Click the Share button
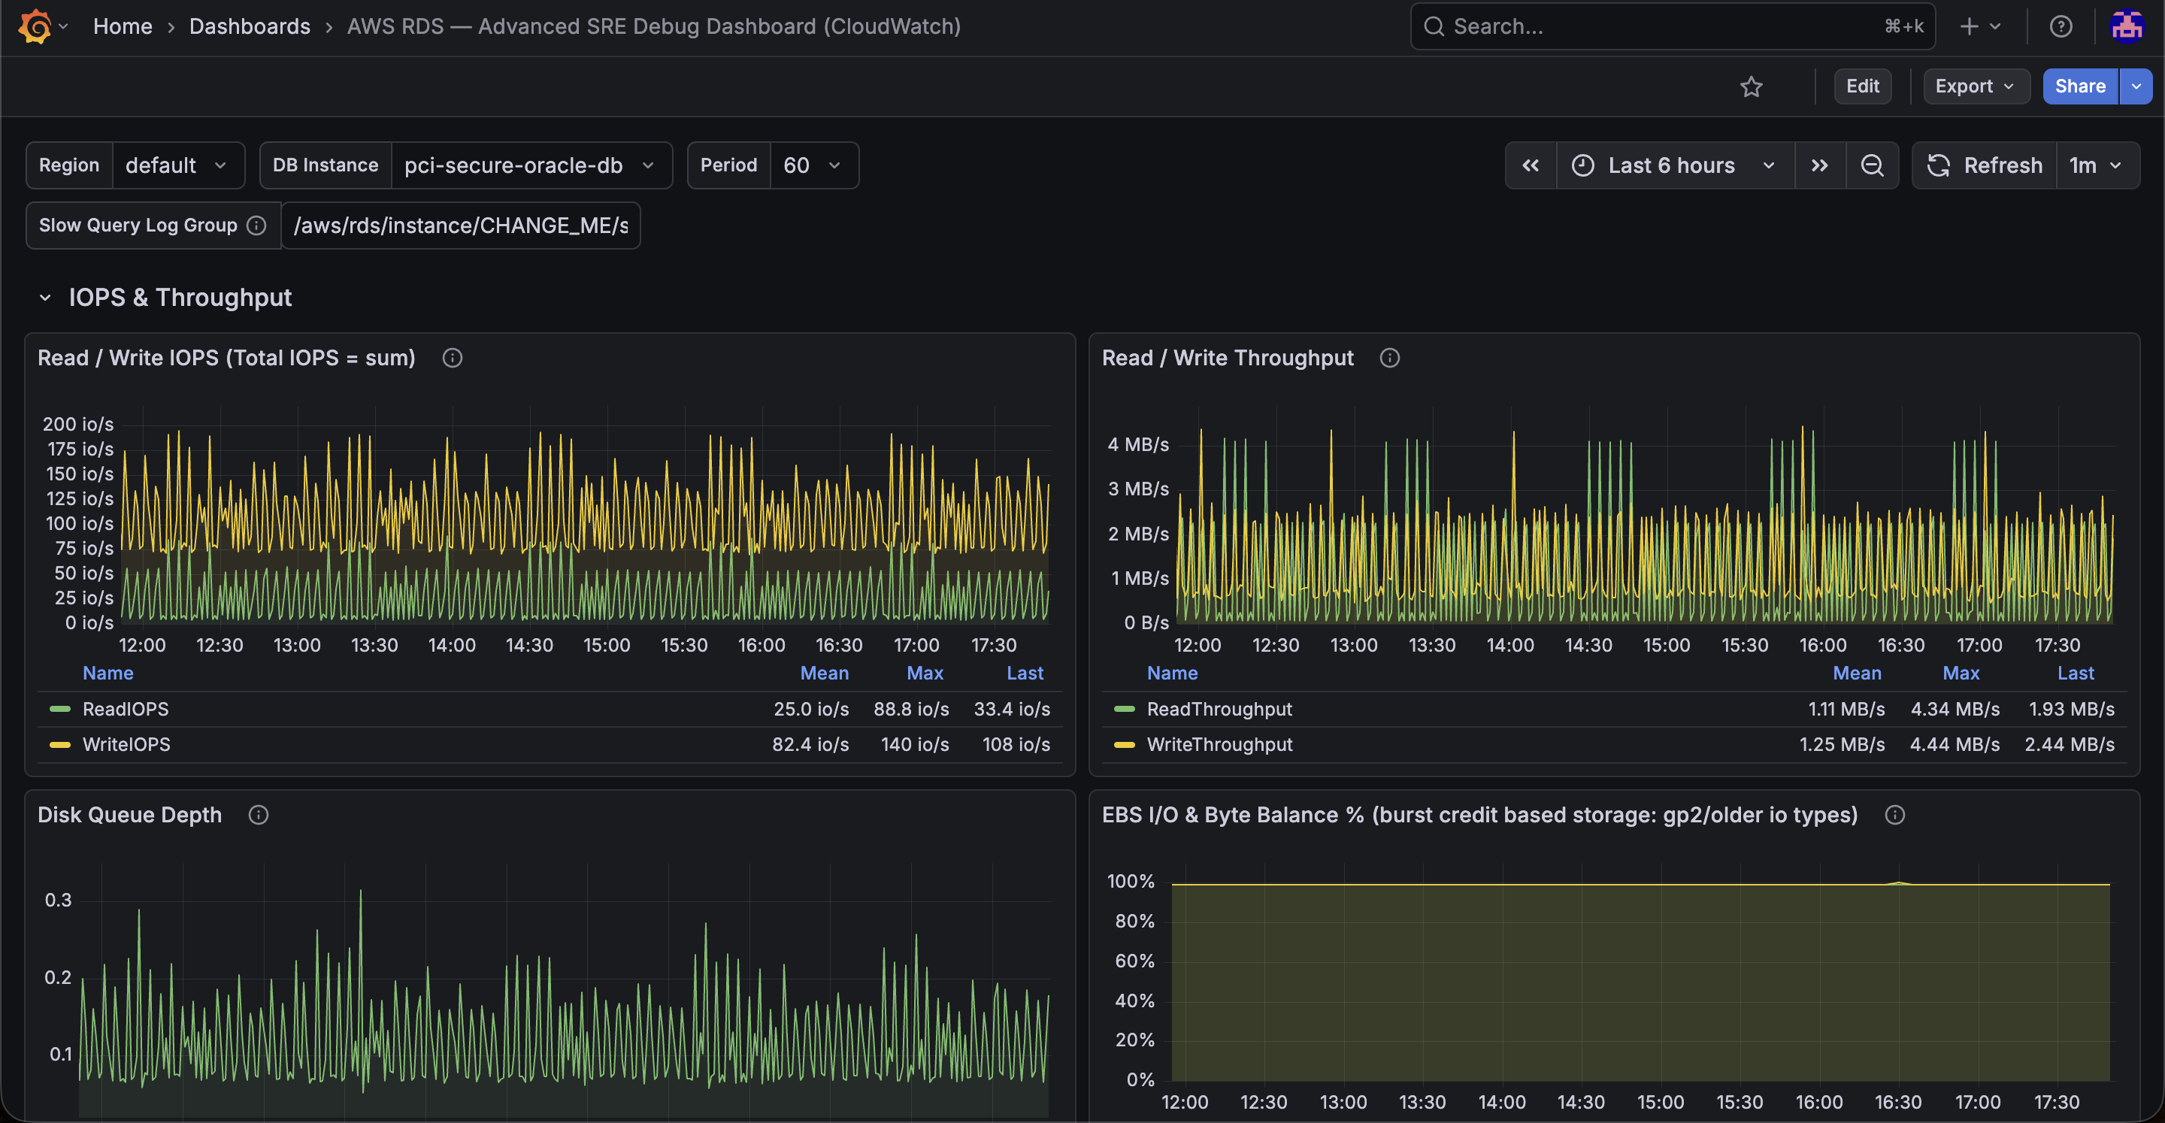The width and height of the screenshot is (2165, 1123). click(x=2080, y=86)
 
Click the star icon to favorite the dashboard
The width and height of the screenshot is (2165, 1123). click(x=1752, y=86)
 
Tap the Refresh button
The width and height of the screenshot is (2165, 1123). click(x=1985, y=165)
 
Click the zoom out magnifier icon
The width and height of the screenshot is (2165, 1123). click(x=1872, y=165)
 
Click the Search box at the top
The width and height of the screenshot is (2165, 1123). click(x=1673, y=27)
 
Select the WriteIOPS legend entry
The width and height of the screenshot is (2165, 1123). click(x=126, y=745)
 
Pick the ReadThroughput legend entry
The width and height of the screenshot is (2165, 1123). click(x=1219, y=710)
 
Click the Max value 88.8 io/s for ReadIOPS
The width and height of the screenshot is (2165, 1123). click(x=911, y=710)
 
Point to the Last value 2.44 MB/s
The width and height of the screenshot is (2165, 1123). click(x=2070, y=745)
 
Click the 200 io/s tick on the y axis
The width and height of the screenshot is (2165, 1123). click(x=78, y=425)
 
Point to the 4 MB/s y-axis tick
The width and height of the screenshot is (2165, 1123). click(x=1138, y=445)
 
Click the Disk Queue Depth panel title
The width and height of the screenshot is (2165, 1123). click(x=129, y=816)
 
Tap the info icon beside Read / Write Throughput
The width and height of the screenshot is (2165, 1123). click(x=1390, y=358)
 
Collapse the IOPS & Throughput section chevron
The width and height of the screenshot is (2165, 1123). click(x=45, y=298)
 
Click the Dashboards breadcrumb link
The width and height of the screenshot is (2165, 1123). click(x=250, y=27)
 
